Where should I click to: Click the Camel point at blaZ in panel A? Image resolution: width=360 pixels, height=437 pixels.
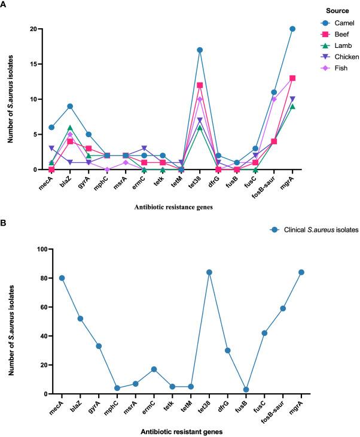point(71,106)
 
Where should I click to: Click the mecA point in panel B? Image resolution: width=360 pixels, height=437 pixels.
point(62,278)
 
